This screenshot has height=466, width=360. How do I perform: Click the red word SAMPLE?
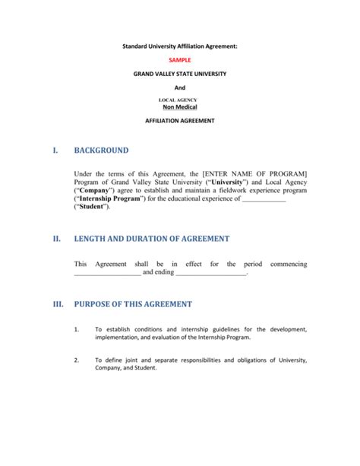pyautogui.click(x=180, y=59)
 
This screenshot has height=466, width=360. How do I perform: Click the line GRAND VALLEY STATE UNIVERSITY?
pyautogui.click(x=180, y=74)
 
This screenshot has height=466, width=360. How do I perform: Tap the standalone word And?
pyautogui.click(x=180, y=87)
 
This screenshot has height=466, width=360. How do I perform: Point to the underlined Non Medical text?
pyautogui.click(x=180, y=107)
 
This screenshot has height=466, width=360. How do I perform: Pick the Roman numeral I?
pyautogui.click(x=55, y=151)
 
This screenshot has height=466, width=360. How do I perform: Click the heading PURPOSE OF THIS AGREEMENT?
pyautogui.click(x=132, y=304)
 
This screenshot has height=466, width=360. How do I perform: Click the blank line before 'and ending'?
pyautogui.click(x=107, y=272)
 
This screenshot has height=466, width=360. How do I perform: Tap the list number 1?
pyautogui.click(x=77, y=329)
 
